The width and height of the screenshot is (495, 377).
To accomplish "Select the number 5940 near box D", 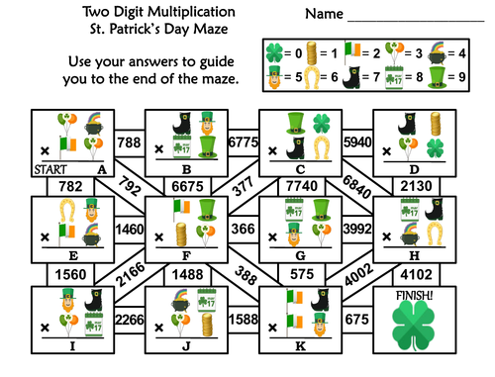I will pyautogui.click(x=355, y=142).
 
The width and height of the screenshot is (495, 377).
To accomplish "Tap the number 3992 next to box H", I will pyautogui.click(x=354, y=230).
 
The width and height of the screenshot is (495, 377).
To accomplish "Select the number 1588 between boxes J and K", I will pyautogui.click(x=242, y=319).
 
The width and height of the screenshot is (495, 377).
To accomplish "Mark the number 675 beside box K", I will pyautogui.click(x=355, y=319).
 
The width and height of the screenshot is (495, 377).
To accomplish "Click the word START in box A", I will pyautogui.click(x=50, y=169).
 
